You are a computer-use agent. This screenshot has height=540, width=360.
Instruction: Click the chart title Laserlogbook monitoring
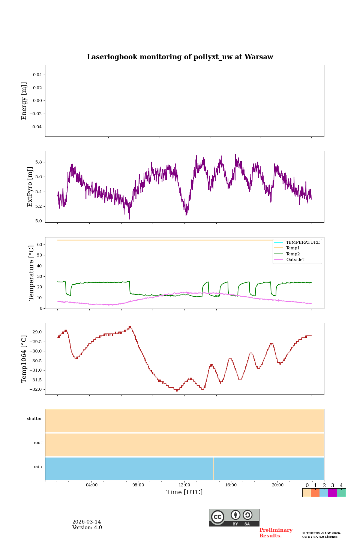click(x=180, y=57)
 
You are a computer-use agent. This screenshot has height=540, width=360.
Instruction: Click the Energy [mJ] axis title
click(x=24, y=101)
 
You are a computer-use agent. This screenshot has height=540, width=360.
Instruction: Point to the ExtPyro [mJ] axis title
click(x=30, y=187)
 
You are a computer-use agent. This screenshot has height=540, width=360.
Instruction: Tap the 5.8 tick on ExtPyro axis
click(x=39, y=162)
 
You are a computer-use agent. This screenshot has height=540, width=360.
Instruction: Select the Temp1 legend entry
click(x=293, y=248)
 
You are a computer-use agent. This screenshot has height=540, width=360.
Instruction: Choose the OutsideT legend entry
click(x=295, y=260)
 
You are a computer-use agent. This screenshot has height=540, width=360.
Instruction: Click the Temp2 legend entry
click(x=293, y=254)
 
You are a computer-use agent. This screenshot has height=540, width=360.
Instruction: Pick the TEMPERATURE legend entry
click(x=303, y=243)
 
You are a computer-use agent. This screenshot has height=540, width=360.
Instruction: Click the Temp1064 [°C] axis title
click(x=24, y=359)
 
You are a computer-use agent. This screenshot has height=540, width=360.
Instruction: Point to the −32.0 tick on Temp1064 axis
click(x=36, y=389)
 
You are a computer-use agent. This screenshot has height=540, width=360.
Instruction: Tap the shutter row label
click(x=34, y=419)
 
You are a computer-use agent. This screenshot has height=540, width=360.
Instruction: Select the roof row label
click(x=38, y=443)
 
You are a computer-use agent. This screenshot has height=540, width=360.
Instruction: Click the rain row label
click(x=38, y=467)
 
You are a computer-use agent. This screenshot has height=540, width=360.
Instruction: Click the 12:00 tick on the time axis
click(x=184, y=485)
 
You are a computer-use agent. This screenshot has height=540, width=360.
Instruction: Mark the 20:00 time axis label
click(x=277, y=485)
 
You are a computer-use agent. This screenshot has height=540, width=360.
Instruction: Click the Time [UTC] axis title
click(x=184, y=492)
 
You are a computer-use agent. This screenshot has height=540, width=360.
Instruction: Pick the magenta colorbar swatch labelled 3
click(x=332, y=493)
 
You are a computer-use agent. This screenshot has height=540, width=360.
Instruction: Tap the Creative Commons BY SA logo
click(x=234, y=517)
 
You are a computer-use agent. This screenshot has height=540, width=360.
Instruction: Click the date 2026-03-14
click(x=87, y=522)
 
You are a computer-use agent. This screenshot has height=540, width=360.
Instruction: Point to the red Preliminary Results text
click(x=276, y=533)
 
